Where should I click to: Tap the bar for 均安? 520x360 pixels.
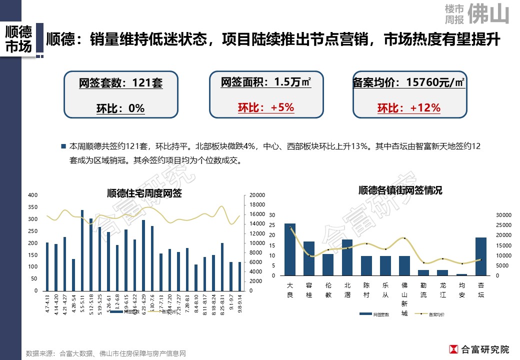point(461,274)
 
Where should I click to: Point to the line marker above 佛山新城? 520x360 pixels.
point(404,238)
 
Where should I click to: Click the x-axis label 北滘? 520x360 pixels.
point(347,290)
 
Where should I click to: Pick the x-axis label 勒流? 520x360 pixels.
point(423,290)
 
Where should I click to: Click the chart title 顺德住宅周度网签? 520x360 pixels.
point(144,193)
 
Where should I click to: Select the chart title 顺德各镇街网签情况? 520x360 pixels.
point(400,190)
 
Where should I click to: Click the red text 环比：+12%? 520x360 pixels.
point(408,108)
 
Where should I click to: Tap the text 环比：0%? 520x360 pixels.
point(120,108)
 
